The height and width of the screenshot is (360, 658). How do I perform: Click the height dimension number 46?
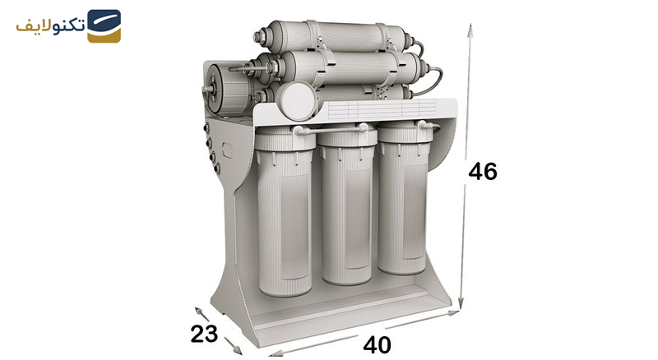[483, 171]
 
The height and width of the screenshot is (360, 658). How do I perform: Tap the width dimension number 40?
[377, 345]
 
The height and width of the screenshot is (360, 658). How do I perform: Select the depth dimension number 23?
[204, 334]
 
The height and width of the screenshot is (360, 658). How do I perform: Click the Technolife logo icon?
[104, 26]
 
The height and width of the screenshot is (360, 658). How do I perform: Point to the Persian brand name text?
[50, 26]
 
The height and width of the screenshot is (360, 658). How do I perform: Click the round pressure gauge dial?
[298, 99]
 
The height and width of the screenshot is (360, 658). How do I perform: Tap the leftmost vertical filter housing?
[285, 212]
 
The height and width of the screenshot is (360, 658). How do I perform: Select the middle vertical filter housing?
[347, 205]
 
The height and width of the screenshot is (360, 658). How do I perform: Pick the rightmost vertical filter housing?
[404, 198]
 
